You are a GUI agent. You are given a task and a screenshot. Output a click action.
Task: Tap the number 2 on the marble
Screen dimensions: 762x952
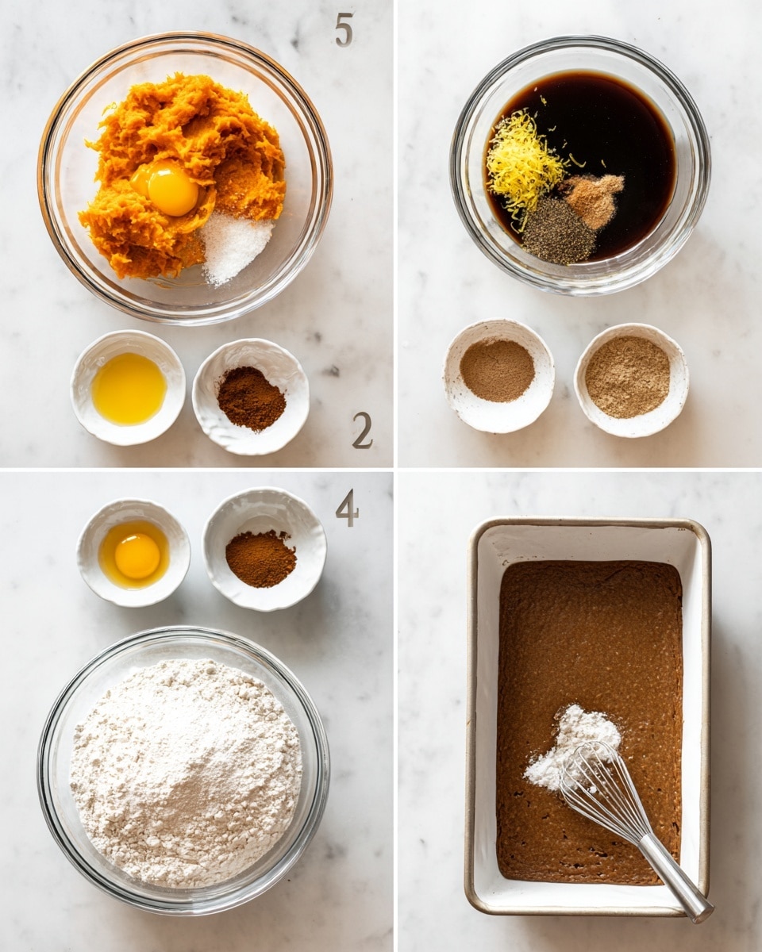(362, 431)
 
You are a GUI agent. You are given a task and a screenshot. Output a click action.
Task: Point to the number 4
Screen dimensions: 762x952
(347, 510)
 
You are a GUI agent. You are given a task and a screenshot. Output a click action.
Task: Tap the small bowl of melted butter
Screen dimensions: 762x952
(129, 387)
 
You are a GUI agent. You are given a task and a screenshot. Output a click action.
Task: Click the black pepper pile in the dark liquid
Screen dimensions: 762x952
(559, 231)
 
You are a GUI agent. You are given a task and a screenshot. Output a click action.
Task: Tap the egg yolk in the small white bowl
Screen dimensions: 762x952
(137, 555)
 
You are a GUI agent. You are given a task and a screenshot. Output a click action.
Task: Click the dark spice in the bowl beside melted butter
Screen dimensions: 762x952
(251, 398)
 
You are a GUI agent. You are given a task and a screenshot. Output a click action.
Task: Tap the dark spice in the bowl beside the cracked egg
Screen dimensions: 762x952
(261, 559)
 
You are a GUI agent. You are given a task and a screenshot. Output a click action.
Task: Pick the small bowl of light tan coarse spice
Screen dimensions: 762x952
(631, 379)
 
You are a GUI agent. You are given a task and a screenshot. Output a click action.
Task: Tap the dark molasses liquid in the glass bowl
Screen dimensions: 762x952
(620, 132)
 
